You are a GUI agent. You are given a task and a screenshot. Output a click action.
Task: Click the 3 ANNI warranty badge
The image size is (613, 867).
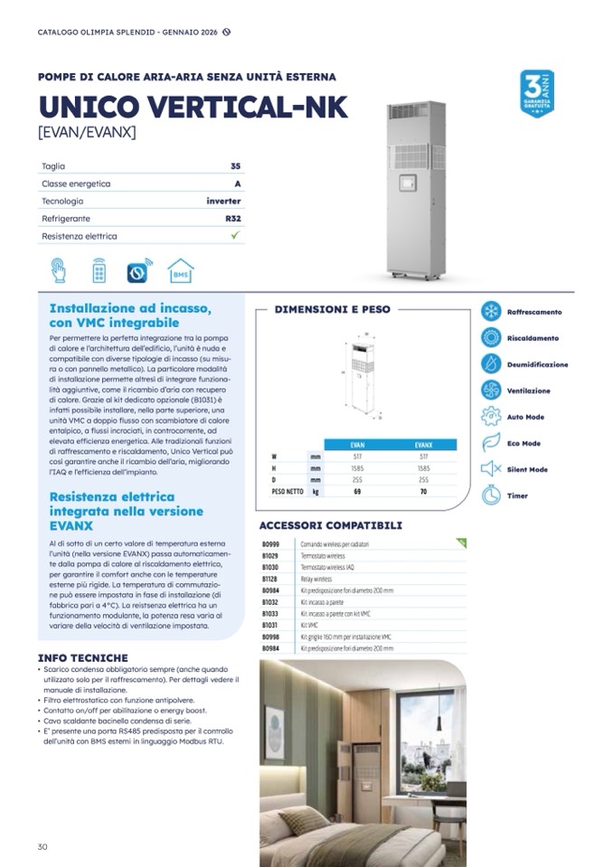point(537,93)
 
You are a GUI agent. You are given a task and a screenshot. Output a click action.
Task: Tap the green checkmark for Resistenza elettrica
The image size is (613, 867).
point(235,236)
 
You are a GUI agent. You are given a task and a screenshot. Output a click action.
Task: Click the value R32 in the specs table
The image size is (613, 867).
point(233,219)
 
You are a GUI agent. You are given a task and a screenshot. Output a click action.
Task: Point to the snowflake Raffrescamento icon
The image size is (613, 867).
point(491,312)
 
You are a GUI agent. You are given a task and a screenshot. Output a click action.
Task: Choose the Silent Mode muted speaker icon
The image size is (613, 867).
point(491,469)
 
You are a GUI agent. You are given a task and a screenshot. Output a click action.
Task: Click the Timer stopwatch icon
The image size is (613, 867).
point(491,495)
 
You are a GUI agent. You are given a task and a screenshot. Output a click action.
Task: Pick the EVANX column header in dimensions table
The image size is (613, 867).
point(424,446)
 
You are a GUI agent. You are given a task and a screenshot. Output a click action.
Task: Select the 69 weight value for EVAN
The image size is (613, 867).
point(356,492)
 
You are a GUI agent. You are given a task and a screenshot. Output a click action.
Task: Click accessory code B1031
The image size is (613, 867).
point(270,626)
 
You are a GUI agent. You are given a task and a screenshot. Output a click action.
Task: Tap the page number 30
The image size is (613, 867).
point(42,846)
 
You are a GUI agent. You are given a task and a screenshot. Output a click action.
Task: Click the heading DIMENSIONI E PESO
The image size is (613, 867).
point(333,309)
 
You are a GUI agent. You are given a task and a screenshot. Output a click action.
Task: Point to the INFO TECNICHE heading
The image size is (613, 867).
point(83,658)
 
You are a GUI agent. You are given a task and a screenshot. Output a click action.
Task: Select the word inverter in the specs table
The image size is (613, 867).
point(223,201)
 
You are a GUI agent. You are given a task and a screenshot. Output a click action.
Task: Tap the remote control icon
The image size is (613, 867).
point(99,270)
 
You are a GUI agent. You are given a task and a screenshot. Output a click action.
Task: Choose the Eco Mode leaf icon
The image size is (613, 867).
point(491,443)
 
